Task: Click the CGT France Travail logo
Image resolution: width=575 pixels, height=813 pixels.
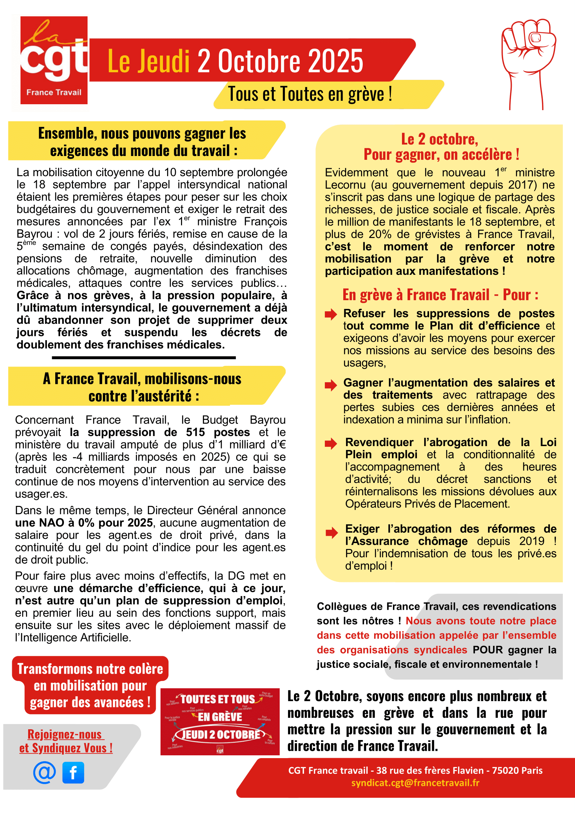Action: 54,60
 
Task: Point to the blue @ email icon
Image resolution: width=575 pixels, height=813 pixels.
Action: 44,772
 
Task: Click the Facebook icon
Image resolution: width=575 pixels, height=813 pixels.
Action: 73,772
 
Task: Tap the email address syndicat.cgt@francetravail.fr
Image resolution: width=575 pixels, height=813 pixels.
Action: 415,782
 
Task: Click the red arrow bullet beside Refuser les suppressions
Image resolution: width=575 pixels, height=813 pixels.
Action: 331,314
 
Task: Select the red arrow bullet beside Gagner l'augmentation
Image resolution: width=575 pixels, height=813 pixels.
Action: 331,385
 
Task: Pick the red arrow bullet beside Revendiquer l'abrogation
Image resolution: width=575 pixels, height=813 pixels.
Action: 331,443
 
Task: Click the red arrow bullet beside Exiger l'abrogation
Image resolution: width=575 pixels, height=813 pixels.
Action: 331,533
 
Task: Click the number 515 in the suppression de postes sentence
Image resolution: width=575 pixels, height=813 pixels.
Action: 196,432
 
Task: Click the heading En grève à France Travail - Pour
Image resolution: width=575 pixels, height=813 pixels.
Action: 440,295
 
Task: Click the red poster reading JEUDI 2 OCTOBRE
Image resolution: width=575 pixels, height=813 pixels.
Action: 220,722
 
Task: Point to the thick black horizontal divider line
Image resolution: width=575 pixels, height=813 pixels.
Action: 144,358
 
